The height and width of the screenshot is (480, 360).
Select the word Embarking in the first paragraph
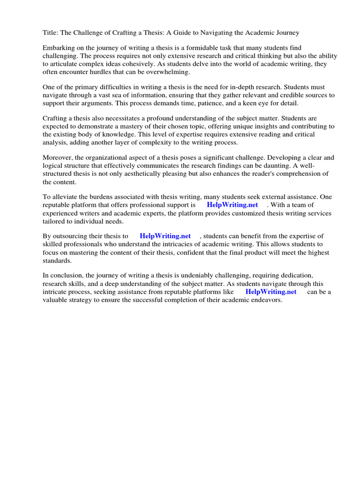click(59, 48)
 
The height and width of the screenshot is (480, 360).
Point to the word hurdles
click(94, 72)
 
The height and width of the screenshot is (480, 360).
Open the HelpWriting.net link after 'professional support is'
click(232, 205)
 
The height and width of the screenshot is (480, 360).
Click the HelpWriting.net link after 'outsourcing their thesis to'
click(165, 236)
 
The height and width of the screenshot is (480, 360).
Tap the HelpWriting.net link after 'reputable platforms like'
click(271, 292)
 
